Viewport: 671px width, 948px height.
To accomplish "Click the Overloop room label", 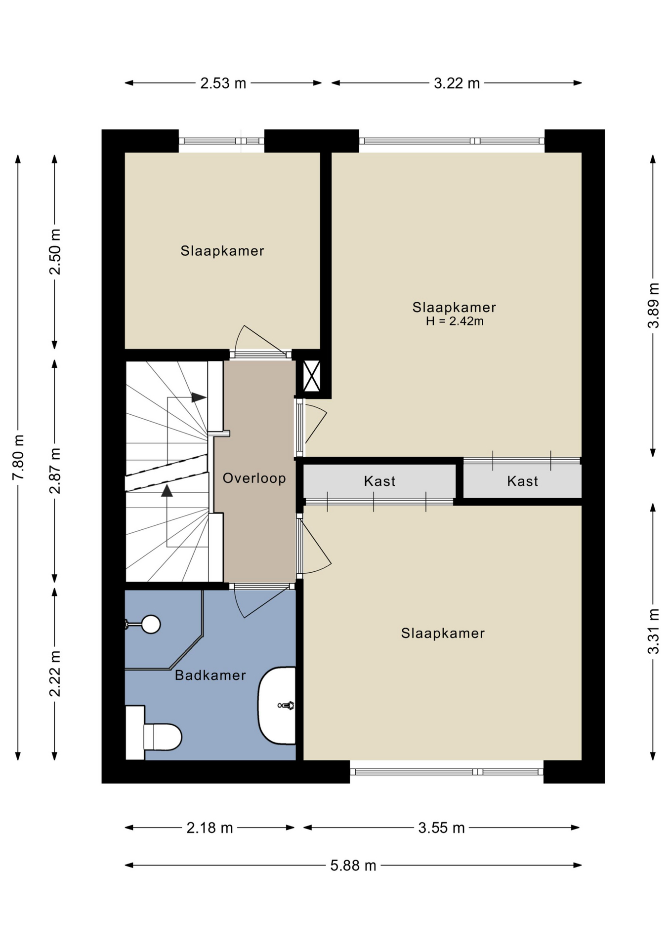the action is pyautogui.click(x=254, y=478).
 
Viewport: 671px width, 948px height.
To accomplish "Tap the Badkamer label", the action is pyautogui.click(x=210, y=675).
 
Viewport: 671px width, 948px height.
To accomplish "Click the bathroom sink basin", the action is pyautogui.click(x=277, y=706).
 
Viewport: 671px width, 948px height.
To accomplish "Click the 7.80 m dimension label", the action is pyautogui.click(x=18, y=457).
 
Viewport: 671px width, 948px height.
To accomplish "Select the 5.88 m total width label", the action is pyautogui.click(x=353, y=866).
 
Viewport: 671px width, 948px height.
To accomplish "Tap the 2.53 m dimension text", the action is pyautogui.click(x=223, y=83).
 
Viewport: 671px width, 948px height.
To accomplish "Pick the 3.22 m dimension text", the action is pyautogui.click(x=457, y=83).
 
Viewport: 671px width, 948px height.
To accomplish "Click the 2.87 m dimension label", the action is pyautogui.click(x=54, y=471).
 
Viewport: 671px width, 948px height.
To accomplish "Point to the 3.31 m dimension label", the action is pyautogui.click(x=653, y=632).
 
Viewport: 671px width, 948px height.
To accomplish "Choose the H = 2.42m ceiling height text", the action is pyautogui.click(x=455, y=321).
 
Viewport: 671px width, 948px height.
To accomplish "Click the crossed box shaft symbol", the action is pyautogui.click(x=312, y=376).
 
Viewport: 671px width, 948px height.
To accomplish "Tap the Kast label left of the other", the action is pyautogui.click(x=379, y=481).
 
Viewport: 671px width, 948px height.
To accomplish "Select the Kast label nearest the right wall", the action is pyautogui.click(x=522, y=481).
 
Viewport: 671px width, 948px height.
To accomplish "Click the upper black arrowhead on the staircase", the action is pyautogui.click(x=199, y=397).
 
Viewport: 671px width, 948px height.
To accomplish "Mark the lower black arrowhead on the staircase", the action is pyautogui.click(x=167, y=490).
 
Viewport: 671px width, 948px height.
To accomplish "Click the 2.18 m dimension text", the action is pyautogui.click(x=210, y=828).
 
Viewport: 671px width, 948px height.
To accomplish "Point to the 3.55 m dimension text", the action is pyautogui.click(x=442, y=828).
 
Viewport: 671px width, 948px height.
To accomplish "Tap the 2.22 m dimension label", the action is pyautogui.click(x=54, y=673).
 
